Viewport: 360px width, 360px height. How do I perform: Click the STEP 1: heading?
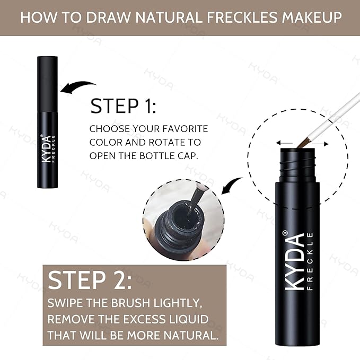click(x=123, y=106)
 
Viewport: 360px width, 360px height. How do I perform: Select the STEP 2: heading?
click(x=90, y=280)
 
